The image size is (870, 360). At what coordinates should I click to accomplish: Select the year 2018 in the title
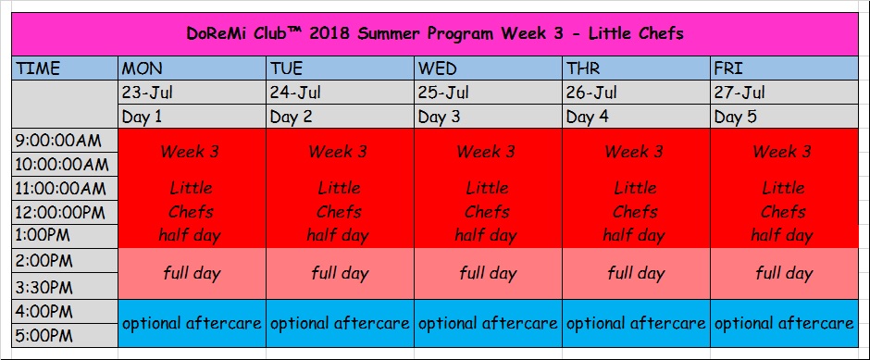[329, 34]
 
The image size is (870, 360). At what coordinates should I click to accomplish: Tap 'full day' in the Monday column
[192, 273]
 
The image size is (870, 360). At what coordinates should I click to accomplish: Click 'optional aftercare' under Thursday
[636, 323]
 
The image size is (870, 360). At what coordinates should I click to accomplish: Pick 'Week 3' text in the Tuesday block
[338, 152]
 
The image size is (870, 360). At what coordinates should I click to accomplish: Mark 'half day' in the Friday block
[782, 236]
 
